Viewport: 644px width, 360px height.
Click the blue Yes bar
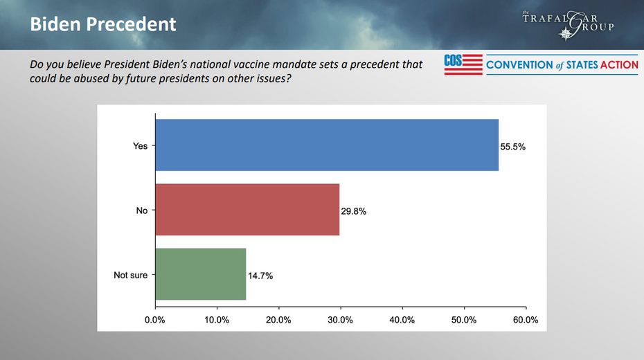click(x=327, y=145)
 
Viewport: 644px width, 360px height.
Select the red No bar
click(x=247, y=210)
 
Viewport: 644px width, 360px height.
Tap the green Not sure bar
click(x=201, y=274)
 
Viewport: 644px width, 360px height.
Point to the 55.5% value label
click(x=513, y=147)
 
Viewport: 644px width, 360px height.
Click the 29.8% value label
click(x=353, y=211)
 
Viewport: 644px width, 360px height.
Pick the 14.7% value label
click(x=260, y=276)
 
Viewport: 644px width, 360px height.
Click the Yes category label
click(x=140, y=146)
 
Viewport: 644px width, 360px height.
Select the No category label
click(x=142, y=210)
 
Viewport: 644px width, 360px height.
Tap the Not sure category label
click(x=130, y=275)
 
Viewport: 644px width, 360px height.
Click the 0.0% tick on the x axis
click(x=154, y=320)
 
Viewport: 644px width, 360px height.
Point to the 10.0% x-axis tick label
click(x=217, y=320)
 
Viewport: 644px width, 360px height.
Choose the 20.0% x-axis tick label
click(x=278, y=320)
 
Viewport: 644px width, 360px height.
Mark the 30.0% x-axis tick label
click(x=340, y=320)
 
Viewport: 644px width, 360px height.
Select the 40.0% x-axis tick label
click(x=402, y=320)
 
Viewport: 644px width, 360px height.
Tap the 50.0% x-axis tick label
click(x=464, y=320)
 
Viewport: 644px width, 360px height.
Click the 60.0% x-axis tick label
click(x=526, y=320)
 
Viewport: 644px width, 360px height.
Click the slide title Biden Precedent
click(x=103, y=25)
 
